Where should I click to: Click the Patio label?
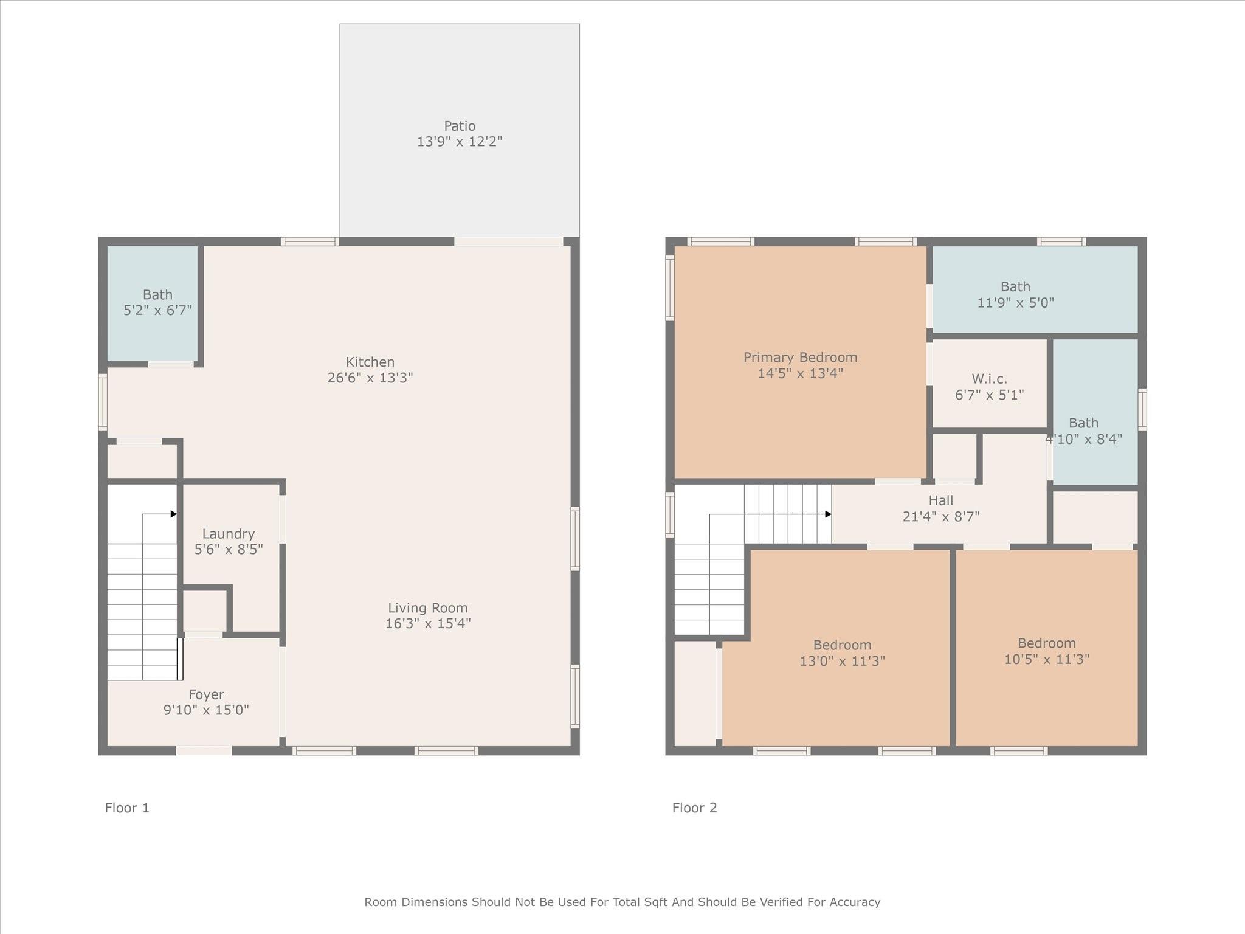click(460, 126)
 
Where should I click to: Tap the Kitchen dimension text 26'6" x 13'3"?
click(370, 378)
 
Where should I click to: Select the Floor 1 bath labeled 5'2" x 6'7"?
click(157, 303)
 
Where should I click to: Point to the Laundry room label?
click(228, 534)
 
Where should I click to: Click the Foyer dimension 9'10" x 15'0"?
click(206, 710)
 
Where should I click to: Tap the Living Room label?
click(427, 608)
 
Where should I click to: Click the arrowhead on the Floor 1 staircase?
click(174, 514)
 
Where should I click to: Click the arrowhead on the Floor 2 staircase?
click(828, 514)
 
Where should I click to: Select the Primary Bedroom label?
click(800, 358)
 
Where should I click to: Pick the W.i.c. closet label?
click(989, 379)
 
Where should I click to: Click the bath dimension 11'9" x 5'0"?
click(1015, 302)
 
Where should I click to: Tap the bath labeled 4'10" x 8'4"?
click(1083, 431)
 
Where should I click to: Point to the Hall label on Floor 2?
click(940, 500)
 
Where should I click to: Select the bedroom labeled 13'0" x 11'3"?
click(842, 653)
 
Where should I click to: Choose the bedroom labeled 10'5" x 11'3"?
click(1046, 651)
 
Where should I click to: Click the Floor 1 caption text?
click(127, 808)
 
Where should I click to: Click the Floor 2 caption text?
click(694, 808)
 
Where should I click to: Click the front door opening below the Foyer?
click(204, 750)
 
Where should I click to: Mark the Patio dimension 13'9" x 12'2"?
click(460, 142)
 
